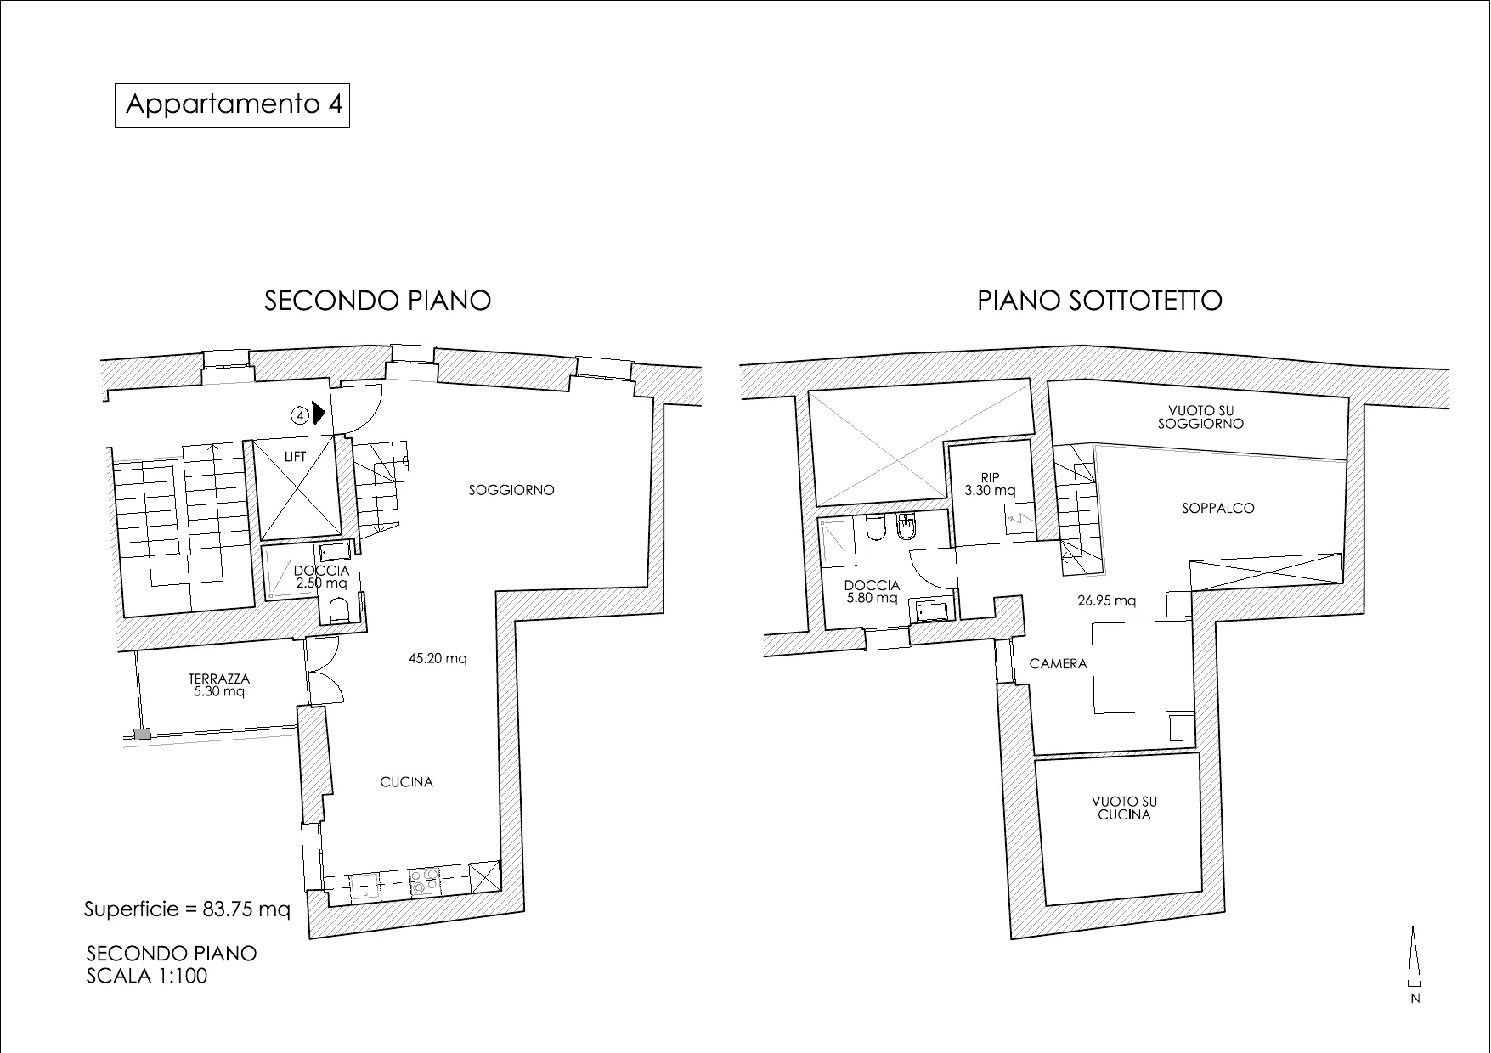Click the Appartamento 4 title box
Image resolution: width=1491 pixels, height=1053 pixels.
click(232, 104)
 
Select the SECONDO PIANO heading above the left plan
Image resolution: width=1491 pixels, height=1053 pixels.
click(378, 301)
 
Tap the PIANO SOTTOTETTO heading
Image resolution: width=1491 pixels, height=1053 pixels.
click(1099, 301)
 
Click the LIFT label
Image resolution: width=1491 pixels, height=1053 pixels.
click(295, 457)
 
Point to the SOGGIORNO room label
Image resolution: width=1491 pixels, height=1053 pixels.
click(511, 490)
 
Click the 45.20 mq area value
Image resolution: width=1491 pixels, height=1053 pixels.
click(438, 658)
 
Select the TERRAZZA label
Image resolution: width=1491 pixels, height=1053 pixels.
click(219, 679)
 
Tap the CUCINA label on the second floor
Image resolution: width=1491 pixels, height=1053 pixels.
click(406, 782)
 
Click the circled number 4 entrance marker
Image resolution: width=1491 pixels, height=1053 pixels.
click(300, 415)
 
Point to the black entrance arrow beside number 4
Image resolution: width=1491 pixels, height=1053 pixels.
click(319, 414)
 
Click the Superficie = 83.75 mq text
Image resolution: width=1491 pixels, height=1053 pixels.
click(187, 909)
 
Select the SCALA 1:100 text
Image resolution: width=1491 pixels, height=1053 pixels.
click(147, 976)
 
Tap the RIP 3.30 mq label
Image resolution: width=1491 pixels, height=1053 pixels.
click(990, 484)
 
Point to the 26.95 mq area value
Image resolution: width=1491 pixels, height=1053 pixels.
click(1106, 600)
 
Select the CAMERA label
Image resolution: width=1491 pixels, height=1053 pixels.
click(1058, 664)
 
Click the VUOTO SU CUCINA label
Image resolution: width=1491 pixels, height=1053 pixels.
click(1124, 808)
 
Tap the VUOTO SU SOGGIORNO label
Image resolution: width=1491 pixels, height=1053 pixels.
click(1200, 417)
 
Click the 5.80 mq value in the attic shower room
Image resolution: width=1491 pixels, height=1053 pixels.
click(872, 598)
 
